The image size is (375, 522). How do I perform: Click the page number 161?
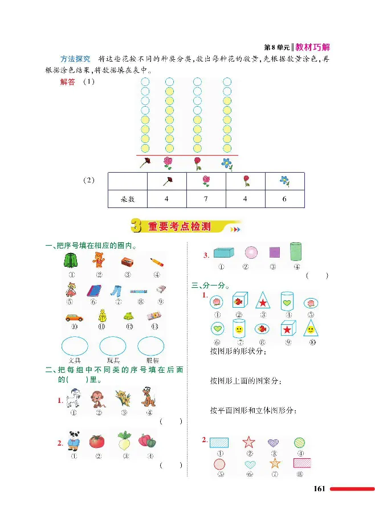[x=319, y=488]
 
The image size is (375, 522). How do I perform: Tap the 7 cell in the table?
[x=206, y=199]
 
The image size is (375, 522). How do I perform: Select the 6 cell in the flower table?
[x=284, y=199]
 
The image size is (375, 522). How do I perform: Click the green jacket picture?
[x=72, y=262]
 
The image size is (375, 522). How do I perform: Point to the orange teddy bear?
[x=99, y=262]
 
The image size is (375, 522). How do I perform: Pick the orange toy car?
[x=72, y=317]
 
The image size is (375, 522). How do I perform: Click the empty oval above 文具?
[x=74, y=346]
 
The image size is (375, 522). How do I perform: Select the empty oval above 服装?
[x=151, y=346]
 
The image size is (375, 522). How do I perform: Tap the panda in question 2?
[x=74, y=441]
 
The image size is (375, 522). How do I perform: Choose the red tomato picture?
[x=97, y=441]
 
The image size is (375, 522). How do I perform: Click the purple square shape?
[x=274, y=252]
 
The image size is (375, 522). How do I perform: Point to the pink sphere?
[x=251, y=252]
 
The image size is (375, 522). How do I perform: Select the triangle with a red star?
[x=263, y=299]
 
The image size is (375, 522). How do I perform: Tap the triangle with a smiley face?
[x=311, y=329]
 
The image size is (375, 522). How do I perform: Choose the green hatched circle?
[x=300, y=442]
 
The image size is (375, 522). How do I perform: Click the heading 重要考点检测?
[x=179, y=226]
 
